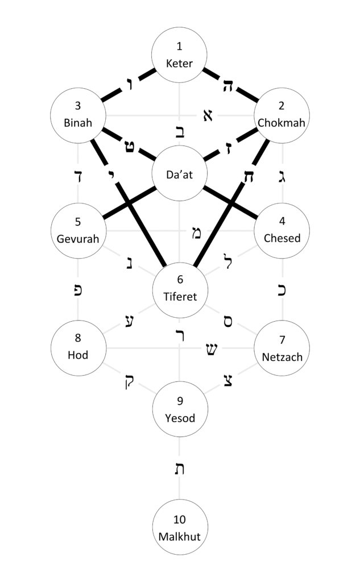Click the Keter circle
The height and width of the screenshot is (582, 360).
(180, 55)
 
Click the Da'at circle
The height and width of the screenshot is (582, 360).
(180, 174)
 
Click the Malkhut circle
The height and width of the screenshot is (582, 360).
(180, 527)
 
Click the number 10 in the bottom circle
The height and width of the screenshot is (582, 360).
(180, 519)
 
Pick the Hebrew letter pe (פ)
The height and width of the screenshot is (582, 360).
(78, 290)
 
